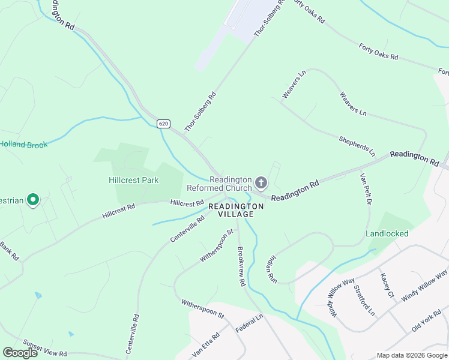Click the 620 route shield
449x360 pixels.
pos(164,124)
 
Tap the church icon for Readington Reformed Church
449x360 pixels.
pos(261,182)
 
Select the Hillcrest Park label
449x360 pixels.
pos(133,180)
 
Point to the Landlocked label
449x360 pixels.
pos(387,233)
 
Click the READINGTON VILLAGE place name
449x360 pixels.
pos(236,210)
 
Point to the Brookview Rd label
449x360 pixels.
pos(241,266)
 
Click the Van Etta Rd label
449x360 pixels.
pos(206,344)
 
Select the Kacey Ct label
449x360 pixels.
pos(386,287)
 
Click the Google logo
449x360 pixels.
pos(20,353)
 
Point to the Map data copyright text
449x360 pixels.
pos(411,355)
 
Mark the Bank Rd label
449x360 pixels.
pos(9,250)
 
